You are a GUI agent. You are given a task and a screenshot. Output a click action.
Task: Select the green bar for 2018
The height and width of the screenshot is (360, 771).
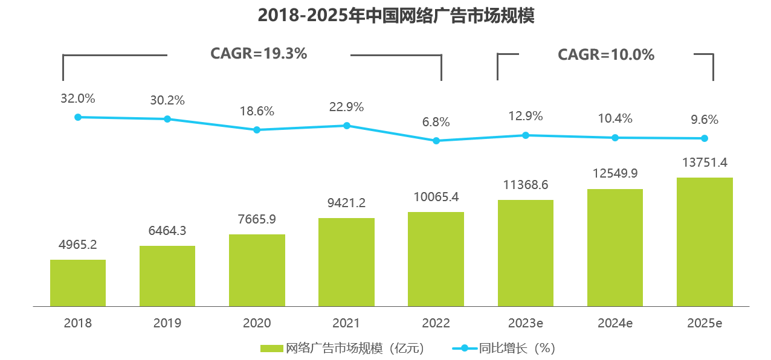click(x=78, y=283)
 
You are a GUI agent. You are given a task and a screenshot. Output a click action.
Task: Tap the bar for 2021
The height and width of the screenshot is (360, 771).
click(x=346, y=262)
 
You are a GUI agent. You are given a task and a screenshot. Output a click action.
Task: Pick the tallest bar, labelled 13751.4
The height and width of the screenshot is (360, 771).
click(x=705, y=242)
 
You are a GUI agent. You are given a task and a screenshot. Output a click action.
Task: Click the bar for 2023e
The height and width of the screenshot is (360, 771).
click(x=526, y=252)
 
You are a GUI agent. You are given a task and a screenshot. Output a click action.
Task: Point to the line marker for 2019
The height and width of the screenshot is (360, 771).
click(x=167, y=119)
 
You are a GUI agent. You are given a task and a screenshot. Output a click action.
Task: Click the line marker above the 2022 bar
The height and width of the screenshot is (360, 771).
click(x=436, y=141)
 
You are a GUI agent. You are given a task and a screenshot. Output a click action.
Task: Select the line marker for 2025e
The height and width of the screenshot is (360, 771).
click(x=705, y=138)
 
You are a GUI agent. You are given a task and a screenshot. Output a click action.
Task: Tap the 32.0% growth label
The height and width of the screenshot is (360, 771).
click(x=78, y=98)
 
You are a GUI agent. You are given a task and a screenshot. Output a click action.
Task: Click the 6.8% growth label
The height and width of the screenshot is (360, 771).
click(x=436, y=122)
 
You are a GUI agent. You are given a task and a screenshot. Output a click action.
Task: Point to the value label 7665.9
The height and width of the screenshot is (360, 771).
click(x=257, y=219)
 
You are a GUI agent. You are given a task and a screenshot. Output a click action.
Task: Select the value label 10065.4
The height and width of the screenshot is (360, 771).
click(x=436, y=197)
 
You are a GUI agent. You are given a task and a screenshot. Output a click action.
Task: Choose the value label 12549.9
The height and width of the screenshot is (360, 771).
click(x=615, y=173)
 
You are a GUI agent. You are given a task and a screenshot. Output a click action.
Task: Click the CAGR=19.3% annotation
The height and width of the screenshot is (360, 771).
click(x=259, y=54)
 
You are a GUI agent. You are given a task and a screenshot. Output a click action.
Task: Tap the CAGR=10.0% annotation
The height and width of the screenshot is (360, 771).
click(x=606, y=55)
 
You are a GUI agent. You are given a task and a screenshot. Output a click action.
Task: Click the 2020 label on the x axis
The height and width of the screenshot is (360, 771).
click(x=257, y=323)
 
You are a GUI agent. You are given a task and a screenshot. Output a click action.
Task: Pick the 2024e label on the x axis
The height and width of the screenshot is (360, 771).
click(x=615, y=323)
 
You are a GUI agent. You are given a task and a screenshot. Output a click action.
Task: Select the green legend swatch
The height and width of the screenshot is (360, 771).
click(x=272, y=349)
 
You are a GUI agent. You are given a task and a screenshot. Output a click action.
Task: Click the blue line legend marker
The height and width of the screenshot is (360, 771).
click(x=464, y=349)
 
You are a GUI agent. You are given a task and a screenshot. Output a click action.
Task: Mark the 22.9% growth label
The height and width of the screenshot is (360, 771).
click(x=346, y=107)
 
